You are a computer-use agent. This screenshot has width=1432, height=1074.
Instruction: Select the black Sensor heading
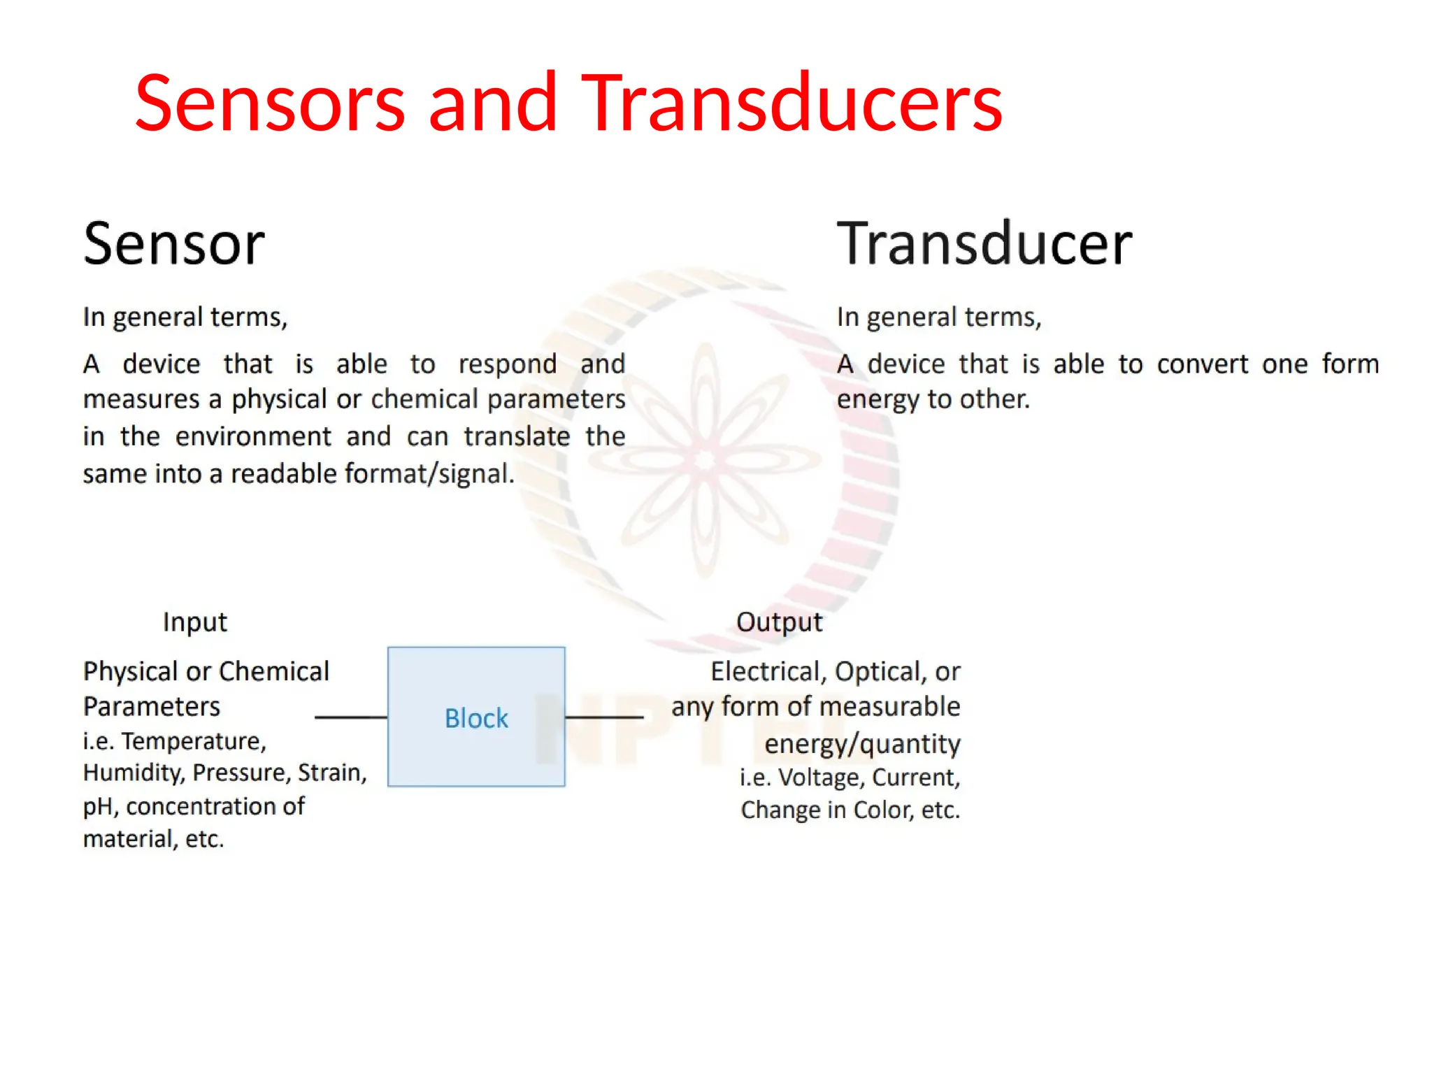[174, 243]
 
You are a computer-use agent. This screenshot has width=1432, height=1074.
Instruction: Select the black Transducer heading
[984, 243]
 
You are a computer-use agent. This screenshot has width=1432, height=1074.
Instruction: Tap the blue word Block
[476, 718]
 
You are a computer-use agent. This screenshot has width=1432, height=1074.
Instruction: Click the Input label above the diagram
[194, 622]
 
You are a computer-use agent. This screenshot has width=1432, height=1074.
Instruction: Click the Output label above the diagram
[779, 622]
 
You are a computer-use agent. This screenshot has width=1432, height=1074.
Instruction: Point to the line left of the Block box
[351, 717]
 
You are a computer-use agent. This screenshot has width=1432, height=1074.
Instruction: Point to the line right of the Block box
[604, 717]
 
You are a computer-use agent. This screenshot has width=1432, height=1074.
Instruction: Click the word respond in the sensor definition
[508, 364]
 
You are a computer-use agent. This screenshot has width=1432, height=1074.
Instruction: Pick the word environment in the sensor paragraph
[253, 436]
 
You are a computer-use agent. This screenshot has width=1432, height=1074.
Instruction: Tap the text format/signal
[429, 474]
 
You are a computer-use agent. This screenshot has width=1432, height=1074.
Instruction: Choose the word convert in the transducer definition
[1202, 364]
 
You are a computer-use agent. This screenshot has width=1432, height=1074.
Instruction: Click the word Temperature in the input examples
[194, 740]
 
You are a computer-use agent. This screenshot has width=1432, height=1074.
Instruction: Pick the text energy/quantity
[862, 744]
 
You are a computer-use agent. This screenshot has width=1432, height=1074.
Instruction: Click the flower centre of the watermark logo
[705, 460]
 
